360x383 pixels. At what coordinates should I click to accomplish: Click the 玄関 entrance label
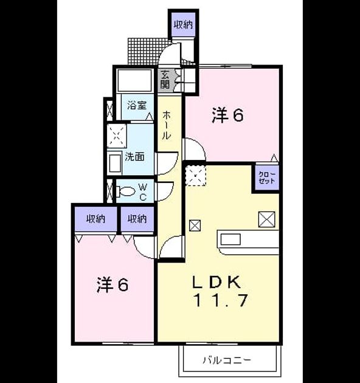pyautogui.click(x=165, y=80)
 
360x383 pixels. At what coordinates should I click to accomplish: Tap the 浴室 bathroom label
pyautogui.click(x=137, y=106)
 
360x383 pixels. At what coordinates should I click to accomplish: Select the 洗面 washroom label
pyautogui.click(x=134, y=157)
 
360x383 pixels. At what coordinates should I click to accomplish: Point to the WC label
pyautogui.click(x=143, y=192)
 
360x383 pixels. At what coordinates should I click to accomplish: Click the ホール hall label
pyautogui.click(x=166, y=125)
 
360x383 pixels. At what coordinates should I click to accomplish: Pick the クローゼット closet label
pyautogui.click(x=266, y=178)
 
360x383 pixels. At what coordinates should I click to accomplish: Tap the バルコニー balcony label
pyautogui.click(x=227, y=361)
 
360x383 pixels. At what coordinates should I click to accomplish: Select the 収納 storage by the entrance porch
pyautogui.click(x=183, y=24)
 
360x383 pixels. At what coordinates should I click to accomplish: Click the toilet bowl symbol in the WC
pyautogui.click(x=125, y=191)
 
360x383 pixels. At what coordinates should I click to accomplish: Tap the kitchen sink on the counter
pyautogui.click(x=230, y=240)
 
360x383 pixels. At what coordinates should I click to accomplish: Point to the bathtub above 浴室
pyautogui.click(x=134, y=80)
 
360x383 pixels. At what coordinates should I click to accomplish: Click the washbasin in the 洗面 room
pyautogui.click(x=115, y=163)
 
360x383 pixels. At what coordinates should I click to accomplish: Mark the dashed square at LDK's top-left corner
pyautogui.click(x=196, y=175)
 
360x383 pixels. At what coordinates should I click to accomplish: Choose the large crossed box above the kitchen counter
pyautogui.click(x=266, y=219)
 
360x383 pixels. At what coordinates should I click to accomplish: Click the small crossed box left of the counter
pyautogui.click(x=195, y=226)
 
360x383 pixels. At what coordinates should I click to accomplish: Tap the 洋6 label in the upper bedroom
pyautogui.click(x=227, y=116)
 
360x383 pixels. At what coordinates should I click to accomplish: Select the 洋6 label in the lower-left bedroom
pyautogui.click(x=112, y=285)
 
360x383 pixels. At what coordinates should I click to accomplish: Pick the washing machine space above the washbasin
pyautogui.click(x=117, y=136)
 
